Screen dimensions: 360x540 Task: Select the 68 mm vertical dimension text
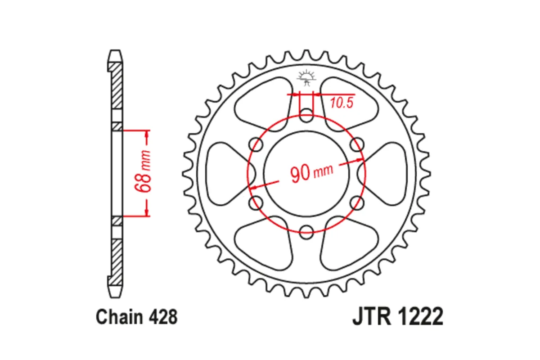(x=145, y=173)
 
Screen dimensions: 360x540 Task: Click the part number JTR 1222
(x=397, y=317)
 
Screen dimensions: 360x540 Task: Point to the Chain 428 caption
(x=136, y=317)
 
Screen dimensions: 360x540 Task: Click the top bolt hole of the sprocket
(x=306, y=113)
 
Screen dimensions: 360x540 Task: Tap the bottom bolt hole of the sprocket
(x=306, y=233)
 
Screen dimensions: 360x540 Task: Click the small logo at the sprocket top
(x=306, y=78)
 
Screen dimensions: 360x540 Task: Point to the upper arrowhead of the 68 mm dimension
(x=147, y=135)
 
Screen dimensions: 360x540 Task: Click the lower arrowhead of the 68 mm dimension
(x=147, y=212)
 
